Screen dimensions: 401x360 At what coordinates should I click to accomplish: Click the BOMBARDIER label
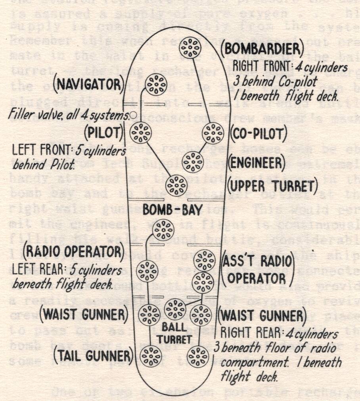(264, 49)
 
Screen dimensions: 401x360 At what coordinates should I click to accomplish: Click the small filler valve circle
(134, 115)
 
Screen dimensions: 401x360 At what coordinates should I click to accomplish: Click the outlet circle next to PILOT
(141, 132)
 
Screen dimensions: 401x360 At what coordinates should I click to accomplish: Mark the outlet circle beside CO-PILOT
(213, 133)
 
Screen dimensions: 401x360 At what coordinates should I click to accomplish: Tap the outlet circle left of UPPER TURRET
(176, 185)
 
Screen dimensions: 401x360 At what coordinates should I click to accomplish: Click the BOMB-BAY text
(173, 209)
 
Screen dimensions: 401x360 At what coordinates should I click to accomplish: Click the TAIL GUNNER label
(92, 355)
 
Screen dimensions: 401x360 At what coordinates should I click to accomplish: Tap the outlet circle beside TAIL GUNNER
(151, 356)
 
